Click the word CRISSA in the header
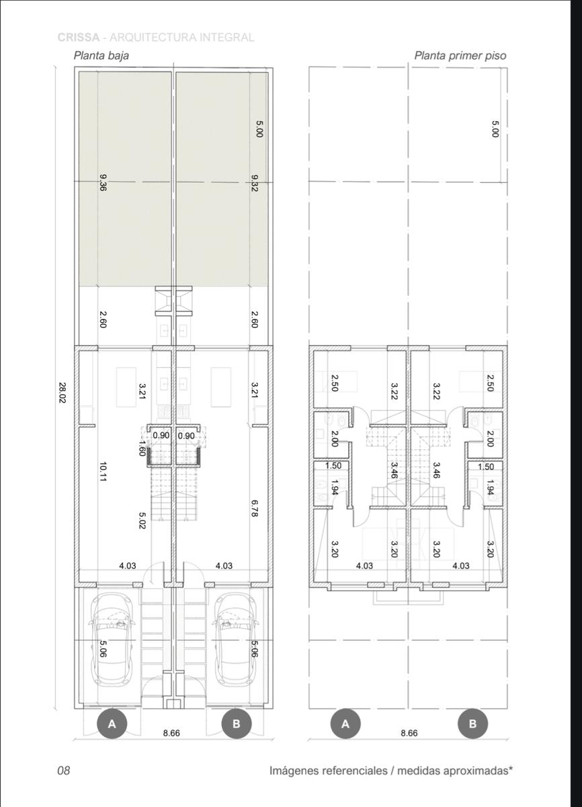[79, 37]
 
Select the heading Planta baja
[101, 55]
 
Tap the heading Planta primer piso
[460, 55]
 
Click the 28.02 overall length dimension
[62, 392]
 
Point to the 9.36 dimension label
[102, 182]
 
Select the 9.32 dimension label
[255, 183]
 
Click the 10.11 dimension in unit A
[102, 472]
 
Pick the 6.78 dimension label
[255, 508]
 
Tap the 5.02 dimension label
[142, 521]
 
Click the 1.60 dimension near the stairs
[142, 448]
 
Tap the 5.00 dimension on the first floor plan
[495, 128]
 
